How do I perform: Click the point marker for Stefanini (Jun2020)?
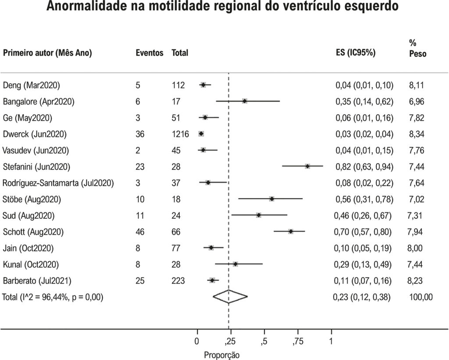pos(307,166)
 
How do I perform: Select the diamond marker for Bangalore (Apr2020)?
pos(245,101)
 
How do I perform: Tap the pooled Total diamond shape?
pos(230,297)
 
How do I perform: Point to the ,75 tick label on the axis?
pos(298,342)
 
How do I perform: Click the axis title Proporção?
pos(221,355)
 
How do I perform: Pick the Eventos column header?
pos(150,53)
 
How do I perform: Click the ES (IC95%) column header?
pos(355,53)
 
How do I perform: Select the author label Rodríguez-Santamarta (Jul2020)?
pos(58,183)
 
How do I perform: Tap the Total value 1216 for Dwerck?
pos(180,134)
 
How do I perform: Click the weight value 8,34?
pos(417,134)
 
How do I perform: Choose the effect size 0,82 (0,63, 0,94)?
pos(364,167)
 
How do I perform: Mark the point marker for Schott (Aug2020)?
pos(291,232)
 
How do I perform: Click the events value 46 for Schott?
pos(140,232)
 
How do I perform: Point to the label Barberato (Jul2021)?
pos(37,281)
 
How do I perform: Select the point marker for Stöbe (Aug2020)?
pos(272,199)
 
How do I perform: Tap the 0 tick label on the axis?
pos(197,342)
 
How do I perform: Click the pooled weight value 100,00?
pos(421,297)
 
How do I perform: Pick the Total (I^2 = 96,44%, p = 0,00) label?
pos(53,297)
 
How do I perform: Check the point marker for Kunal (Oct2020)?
pos(235,264)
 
